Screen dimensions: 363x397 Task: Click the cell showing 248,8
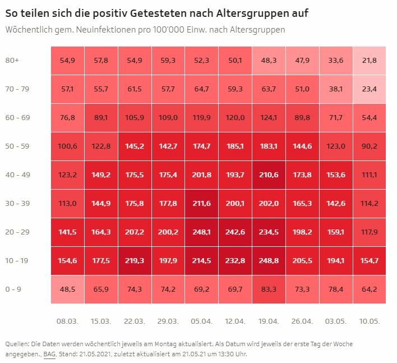(x=269, y=261)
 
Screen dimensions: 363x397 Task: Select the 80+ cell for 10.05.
(x=370, y=60)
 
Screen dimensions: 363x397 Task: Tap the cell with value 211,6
(x=202, y=203)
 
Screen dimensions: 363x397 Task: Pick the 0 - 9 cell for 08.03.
(x=67, y=290)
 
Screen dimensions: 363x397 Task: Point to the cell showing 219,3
(x=135, y=261)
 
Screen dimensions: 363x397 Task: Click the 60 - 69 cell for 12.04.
(x=236, y=117)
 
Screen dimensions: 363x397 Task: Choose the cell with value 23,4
(x=370, y=89)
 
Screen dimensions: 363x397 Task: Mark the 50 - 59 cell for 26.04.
(x=302, y=146)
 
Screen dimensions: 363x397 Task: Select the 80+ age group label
(x=12, y=60)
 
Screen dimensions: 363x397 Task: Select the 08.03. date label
(x=67, y=321)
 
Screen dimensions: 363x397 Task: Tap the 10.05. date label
(x=370, y=321)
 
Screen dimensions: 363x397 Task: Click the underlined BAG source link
(x=49, y=354)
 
